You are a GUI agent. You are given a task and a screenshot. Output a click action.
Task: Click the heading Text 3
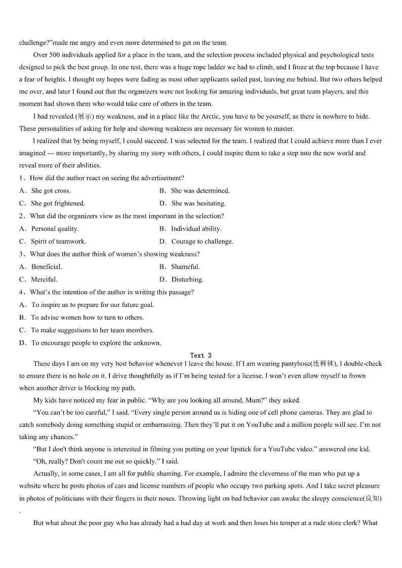tap(200, 356)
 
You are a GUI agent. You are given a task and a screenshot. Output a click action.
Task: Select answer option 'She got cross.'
tap(51, 191)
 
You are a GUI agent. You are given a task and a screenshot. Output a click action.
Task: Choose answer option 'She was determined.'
tap(200, 191)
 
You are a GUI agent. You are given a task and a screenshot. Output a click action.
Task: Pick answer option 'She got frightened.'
tap(58, 203)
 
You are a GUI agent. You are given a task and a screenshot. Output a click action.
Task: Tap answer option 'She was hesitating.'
tap(198, 203)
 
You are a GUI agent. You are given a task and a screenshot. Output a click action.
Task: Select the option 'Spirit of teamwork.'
tap(58, 241)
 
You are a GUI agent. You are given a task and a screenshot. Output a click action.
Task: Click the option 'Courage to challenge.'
tap(202, 241)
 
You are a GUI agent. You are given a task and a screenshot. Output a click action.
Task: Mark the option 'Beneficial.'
tap(47, 267)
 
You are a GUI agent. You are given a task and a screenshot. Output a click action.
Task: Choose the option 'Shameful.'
tap(185, 267)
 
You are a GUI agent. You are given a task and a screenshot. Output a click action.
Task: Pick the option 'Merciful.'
tap(44, 279)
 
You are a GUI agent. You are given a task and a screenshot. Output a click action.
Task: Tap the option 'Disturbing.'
tap(187, 279)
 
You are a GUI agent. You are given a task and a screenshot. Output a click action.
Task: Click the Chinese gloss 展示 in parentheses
tap(84, 116)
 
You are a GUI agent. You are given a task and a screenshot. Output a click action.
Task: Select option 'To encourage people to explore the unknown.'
tap(96, 343)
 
